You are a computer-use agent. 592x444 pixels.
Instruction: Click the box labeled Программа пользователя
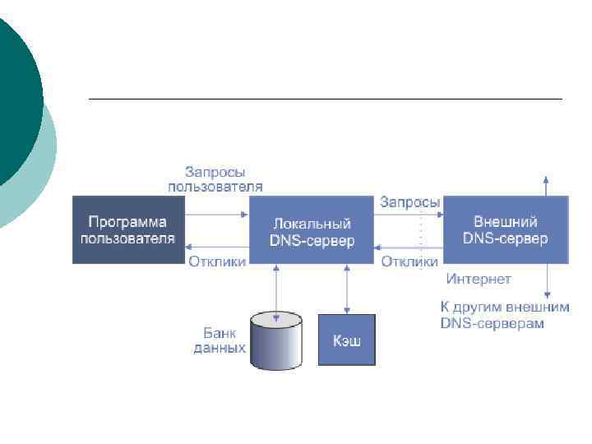127,229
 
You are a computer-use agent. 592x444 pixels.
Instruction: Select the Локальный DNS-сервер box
311,231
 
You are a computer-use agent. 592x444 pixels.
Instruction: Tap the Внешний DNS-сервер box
506,229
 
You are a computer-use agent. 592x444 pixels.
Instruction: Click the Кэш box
346,340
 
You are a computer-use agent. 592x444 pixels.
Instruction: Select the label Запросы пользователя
215,179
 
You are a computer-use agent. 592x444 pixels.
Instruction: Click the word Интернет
478,280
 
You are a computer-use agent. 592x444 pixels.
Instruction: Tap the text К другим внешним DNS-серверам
492,316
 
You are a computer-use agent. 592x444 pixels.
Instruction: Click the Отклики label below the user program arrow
217,262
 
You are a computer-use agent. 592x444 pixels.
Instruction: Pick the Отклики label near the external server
409,262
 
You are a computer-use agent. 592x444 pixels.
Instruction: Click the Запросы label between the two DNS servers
409,201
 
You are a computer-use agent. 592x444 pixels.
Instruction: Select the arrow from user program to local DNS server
215,215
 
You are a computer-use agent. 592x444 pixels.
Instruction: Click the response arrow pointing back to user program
215,247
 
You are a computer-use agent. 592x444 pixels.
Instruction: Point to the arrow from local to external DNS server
409,215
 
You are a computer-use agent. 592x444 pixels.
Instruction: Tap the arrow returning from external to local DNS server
409,247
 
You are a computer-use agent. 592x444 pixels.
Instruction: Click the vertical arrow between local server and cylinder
276,287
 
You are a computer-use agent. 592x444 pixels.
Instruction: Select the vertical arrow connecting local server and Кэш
346,288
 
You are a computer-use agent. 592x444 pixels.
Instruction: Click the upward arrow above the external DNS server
547,185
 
